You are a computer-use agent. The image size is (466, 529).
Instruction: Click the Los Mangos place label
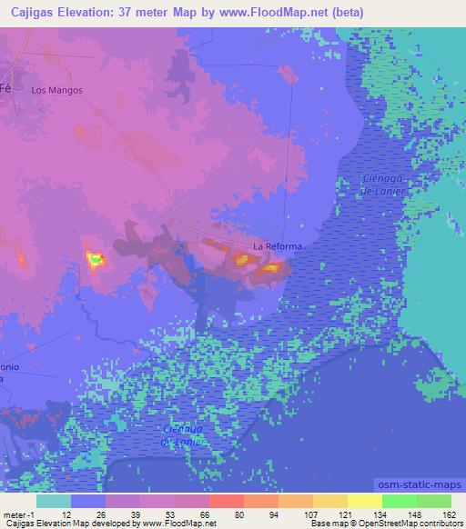tap(56, 91)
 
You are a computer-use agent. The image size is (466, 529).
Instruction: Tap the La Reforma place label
tap(278, 246)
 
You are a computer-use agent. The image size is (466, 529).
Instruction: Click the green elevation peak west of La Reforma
tap(95, 261)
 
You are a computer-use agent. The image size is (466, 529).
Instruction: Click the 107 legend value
tap(311, 514)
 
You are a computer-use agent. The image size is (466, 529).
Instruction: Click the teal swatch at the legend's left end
tap(54, 501)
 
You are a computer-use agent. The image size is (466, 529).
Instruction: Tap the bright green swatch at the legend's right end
tap(434, 501)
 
